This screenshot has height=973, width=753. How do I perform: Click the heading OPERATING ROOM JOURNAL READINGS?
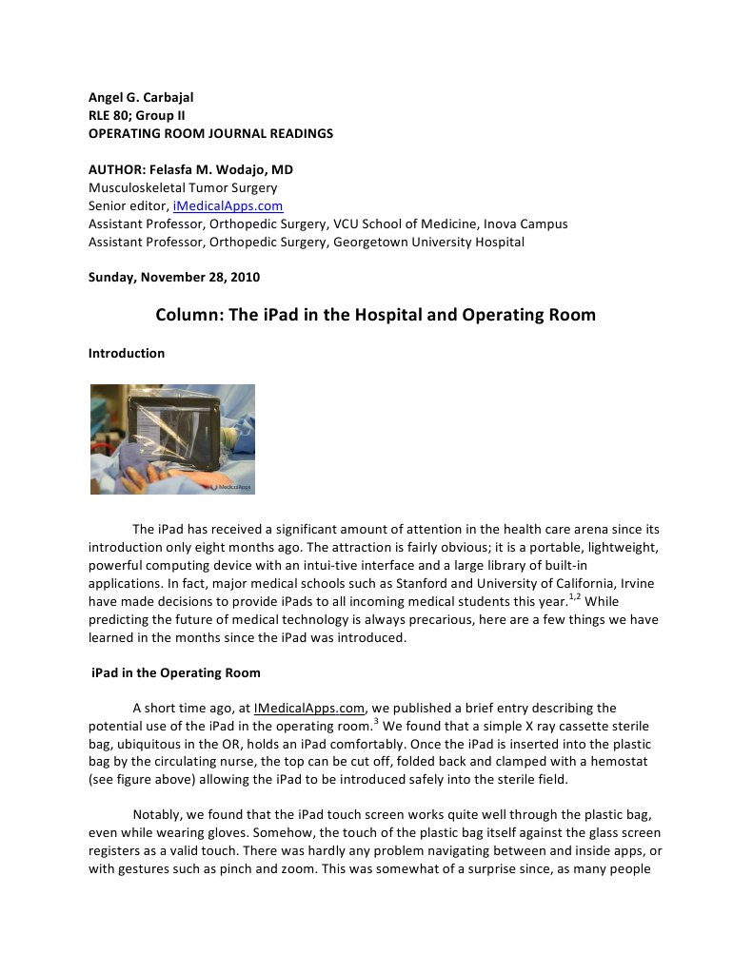point(210,134)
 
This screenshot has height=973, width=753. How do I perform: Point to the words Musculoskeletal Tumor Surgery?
point(183,188)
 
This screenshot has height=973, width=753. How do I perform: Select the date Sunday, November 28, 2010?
point(173,278)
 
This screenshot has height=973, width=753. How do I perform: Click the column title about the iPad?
point(375,315)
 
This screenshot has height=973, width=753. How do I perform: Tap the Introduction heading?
point(127,353)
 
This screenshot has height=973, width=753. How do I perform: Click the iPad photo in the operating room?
point(172,438)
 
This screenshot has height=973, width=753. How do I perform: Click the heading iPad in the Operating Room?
point(175,672)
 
